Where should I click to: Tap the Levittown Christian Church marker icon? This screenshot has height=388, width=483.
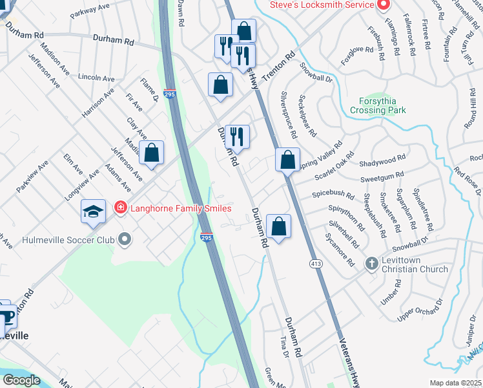pyautogui.click(x=371, y=263)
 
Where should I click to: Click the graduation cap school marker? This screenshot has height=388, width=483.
pyautogui.click(x=93, y=211)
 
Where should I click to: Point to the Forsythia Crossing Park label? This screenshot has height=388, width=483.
pyautogui.click(x=378, y=105)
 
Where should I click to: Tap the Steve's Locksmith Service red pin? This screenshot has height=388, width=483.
pyautogui.click(x=383, y=5)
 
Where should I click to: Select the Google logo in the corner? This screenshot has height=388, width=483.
pyautogui.click(x=21, y=380)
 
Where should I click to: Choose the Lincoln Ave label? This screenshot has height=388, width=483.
pyautogui.click(x=96, y=77)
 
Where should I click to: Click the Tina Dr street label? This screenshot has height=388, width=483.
pyautogui.click(x=283, y=347)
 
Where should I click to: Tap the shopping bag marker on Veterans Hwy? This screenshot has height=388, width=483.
pyautogui.click(x=287, y=159)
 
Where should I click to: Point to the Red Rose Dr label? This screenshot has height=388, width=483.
pyautogui.click(x=467, y=180)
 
